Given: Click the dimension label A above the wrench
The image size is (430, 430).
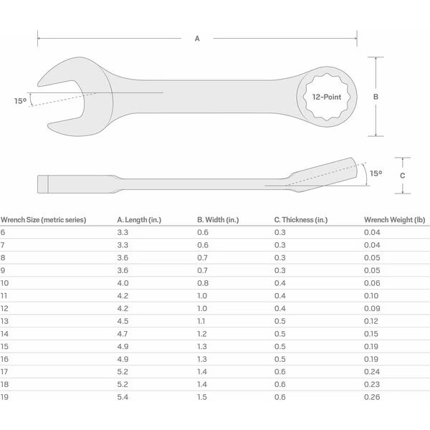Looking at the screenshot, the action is tap(197, 39).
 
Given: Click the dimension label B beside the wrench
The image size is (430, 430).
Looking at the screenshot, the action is tap(376, 97).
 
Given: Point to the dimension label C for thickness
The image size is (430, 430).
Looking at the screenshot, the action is tap(402, 176).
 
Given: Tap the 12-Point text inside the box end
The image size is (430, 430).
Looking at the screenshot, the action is tap(327, 97).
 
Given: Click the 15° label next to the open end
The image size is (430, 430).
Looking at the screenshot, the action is tap(20, 101).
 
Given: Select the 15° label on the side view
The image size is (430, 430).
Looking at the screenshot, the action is tap(376, 173).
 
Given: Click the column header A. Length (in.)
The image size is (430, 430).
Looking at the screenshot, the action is tap(139, 220).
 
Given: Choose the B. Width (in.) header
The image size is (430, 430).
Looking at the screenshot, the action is tap(218, 220).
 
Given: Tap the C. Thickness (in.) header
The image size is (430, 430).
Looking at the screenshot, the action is tap(301, 220).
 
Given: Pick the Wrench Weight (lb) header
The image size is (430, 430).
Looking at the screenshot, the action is tap(395, 220).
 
